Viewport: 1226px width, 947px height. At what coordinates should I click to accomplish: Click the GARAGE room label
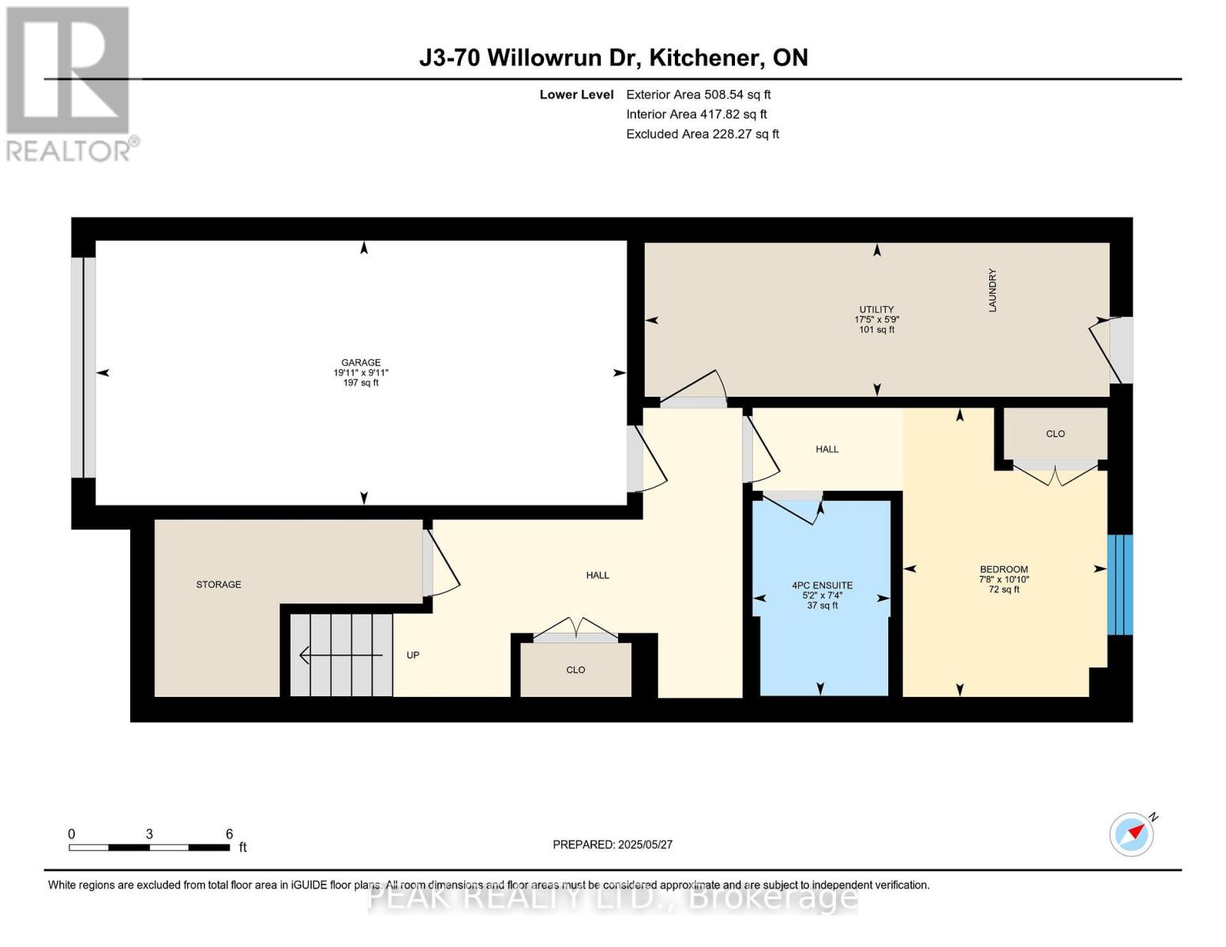point(361,363)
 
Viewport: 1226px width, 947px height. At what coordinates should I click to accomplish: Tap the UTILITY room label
point(876,309)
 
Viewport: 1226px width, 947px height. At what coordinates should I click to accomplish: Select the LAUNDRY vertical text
point(992,290)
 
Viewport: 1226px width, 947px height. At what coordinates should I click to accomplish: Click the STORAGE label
point(219,585)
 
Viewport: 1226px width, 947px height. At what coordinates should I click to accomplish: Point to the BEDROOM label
point(1003,570)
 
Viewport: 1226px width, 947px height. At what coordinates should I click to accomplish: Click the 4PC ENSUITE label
point(822,586)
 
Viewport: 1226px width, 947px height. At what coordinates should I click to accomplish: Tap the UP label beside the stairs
point(412,655)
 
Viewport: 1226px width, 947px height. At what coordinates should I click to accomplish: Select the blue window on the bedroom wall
point(1119,585)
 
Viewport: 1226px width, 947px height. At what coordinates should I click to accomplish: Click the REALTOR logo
point(69,83)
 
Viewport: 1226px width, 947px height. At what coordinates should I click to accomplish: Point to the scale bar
point(149,848)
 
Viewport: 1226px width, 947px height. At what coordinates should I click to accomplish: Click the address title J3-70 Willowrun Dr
point(613,58)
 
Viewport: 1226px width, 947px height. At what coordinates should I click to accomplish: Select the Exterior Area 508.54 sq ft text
point(698,95)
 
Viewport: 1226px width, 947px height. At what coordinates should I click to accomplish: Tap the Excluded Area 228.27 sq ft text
point(702,134)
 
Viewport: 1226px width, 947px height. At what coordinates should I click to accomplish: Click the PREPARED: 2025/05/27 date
point(613,844)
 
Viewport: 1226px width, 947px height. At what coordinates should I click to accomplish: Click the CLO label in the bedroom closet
point(1055,434)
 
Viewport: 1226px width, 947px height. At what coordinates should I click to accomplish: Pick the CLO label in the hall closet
point(576,670)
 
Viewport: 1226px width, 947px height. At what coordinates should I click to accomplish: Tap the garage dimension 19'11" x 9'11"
point(361,373)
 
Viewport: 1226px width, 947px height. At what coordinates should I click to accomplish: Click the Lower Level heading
point(576,95)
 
